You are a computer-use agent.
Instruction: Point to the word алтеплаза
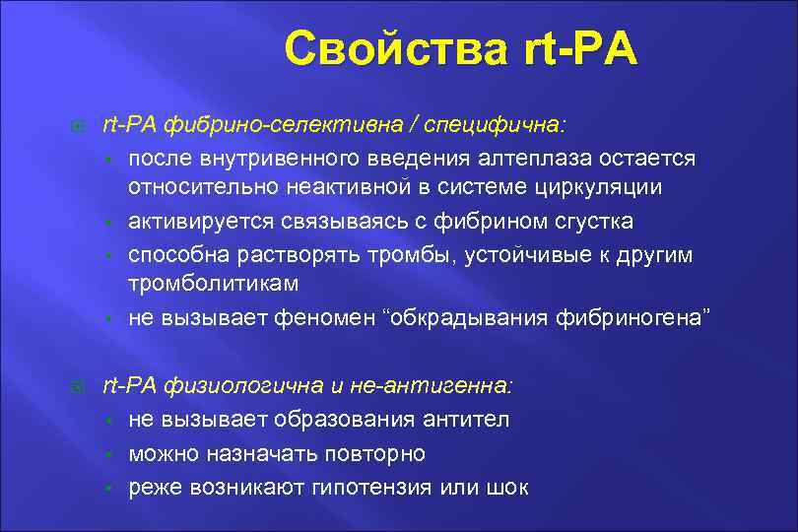pos(541,159)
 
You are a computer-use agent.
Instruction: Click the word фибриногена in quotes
pos(630,317)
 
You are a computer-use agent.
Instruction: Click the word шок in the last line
pos(506,487)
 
